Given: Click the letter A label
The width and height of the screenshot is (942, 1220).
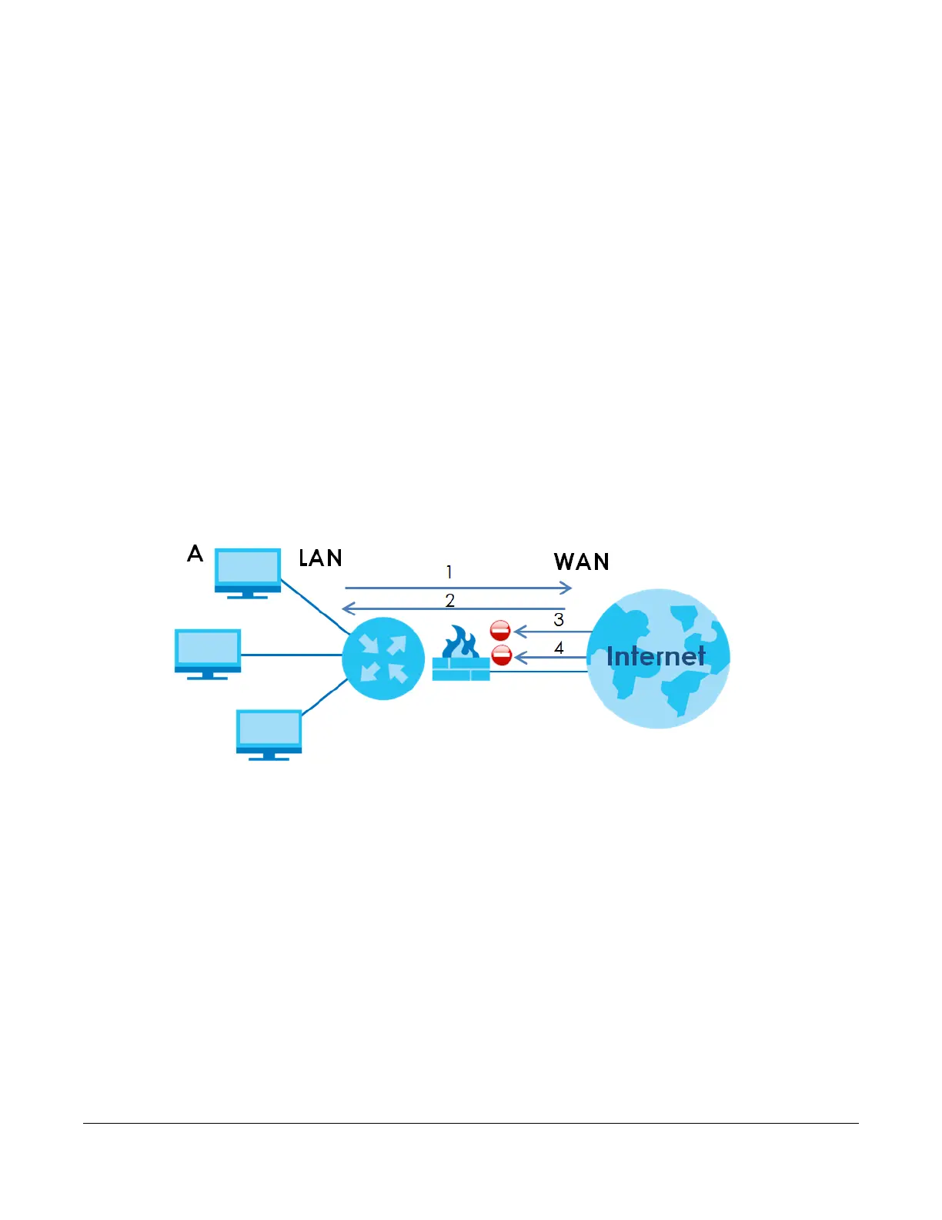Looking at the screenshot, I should [x=195, y=554].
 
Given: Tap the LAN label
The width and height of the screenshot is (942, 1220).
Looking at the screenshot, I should [x=320, y=558].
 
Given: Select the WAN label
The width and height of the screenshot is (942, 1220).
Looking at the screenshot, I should [x=582, y=562].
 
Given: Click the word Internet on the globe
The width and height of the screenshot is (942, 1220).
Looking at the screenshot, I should [x=656, y=656].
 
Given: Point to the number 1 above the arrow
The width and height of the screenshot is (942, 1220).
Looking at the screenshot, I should [x=449, y=572].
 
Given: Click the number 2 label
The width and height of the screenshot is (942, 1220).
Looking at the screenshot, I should [x=450, y=600].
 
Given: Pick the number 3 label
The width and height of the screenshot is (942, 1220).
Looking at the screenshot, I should [x=559, y=620].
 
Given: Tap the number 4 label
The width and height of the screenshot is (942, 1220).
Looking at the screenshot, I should [x=559, y=648].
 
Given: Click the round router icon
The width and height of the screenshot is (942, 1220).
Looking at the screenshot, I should [x=383, y=659].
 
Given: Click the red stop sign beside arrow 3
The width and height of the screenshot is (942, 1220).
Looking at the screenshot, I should [x=500, y=631].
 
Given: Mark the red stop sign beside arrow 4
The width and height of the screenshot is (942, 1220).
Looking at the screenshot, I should [x=502, y=656].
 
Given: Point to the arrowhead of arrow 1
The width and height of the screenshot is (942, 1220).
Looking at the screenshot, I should [x=567, y=588].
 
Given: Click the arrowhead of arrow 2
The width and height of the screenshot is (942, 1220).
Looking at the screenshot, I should [x=347, y=609].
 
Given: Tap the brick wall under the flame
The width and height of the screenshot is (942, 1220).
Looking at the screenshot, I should [x=461, y=669].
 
